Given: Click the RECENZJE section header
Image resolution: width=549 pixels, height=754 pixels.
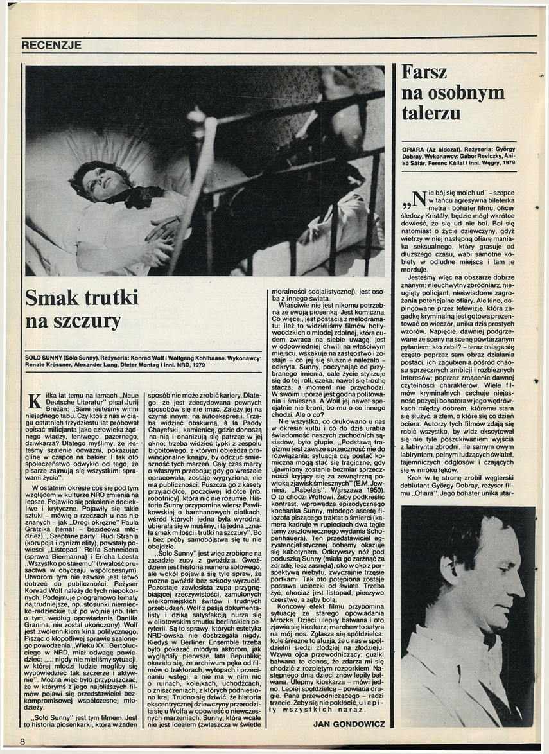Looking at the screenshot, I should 51,46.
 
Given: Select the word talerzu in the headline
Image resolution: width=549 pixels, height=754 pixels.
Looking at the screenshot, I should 431,114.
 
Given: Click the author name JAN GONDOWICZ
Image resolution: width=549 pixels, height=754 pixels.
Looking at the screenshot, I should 349,724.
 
